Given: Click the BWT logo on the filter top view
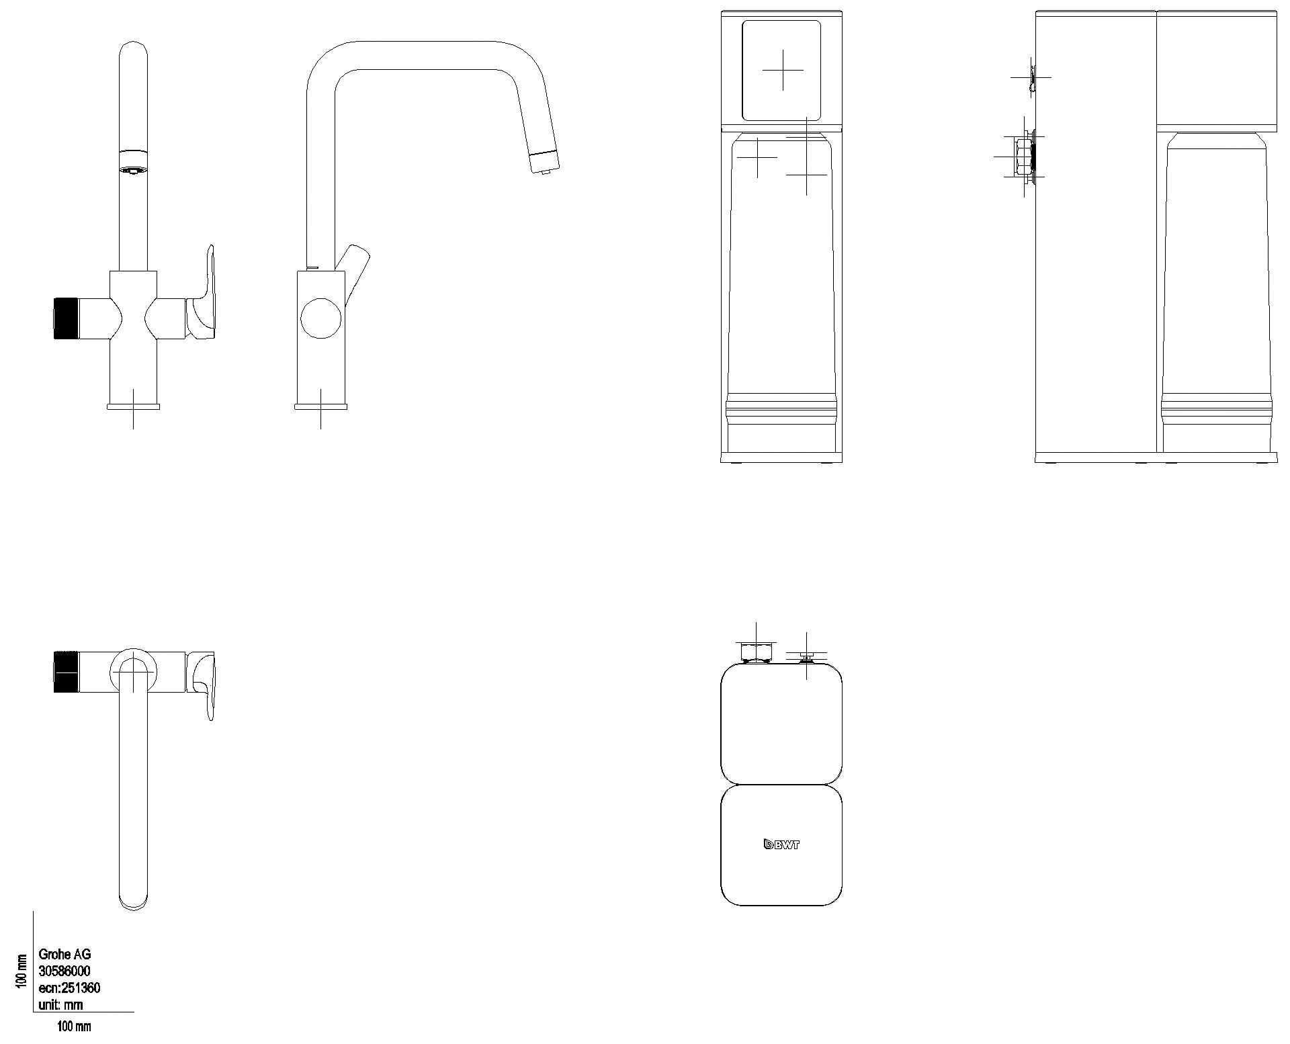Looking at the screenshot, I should coord(781,844).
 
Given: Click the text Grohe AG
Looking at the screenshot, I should coord(64,954).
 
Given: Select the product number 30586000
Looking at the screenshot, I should coord(64,971).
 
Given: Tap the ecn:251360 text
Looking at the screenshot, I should coord(70,988).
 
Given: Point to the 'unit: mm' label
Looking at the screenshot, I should coord(61,1005).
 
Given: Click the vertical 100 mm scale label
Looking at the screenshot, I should coord(21,971).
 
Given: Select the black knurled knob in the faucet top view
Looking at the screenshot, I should coord(67,671).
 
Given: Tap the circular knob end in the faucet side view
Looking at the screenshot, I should coord(321,318).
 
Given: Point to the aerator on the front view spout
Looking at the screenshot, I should coord(133,170).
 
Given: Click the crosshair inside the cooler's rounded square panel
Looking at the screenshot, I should coord(783,70).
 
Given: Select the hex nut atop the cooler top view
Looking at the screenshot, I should coord(757,652).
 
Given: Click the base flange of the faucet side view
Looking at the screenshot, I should coord(321,406).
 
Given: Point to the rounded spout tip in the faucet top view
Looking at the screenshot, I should coord(133,900).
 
